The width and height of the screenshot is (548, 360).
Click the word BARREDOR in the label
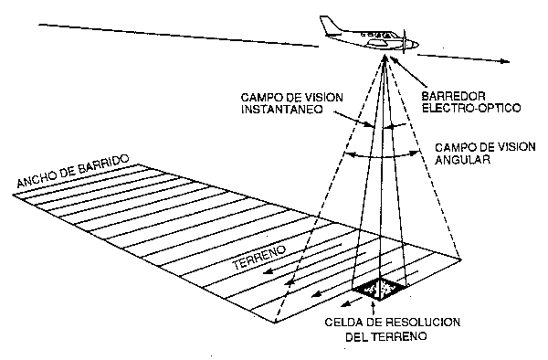coord(445,94)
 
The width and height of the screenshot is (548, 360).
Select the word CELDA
coord(344,323)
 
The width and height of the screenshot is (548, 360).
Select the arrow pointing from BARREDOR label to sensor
coord(407,75)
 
